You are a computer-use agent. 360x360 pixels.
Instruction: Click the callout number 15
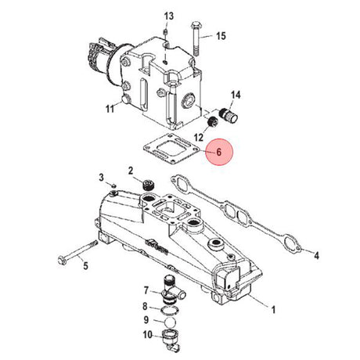tap(221, 36)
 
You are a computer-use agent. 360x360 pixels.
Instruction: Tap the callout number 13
tap(169, 16)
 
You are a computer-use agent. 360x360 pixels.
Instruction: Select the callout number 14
tap(236, 95)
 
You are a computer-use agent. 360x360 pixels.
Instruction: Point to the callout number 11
tap(110, 109)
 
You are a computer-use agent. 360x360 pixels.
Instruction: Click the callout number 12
tap(199, 137)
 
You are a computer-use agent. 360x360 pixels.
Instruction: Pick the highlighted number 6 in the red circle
tap(219, 152)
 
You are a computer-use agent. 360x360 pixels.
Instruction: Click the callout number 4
tap(316, 255)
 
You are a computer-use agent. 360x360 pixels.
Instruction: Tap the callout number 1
tap(273, 310)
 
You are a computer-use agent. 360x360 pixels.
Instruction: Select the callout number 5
tap(85, 266)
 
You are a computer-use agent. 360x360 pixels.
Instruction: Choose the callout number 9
tap(146, 319)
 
